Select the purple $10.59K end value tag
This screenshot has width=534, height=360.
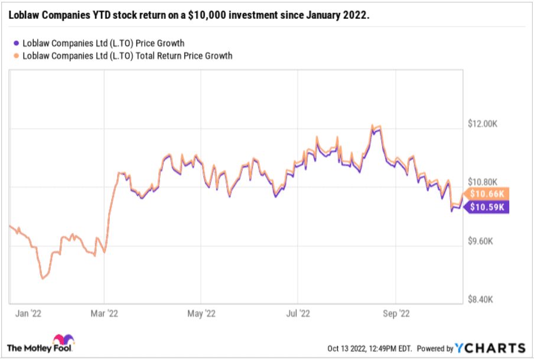coord(487,207)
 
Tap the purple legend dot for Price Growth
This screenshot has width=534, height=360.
coord(15,43)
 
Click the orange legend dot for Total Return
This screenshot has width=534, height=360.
coord(15,56)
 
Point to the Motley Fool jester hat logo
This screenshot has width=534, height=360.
coord(63,341)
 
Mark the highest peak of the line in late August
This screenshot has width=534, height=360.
coord(372,126)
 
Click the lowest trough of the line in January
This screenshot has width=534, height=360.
coord(42,278)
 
